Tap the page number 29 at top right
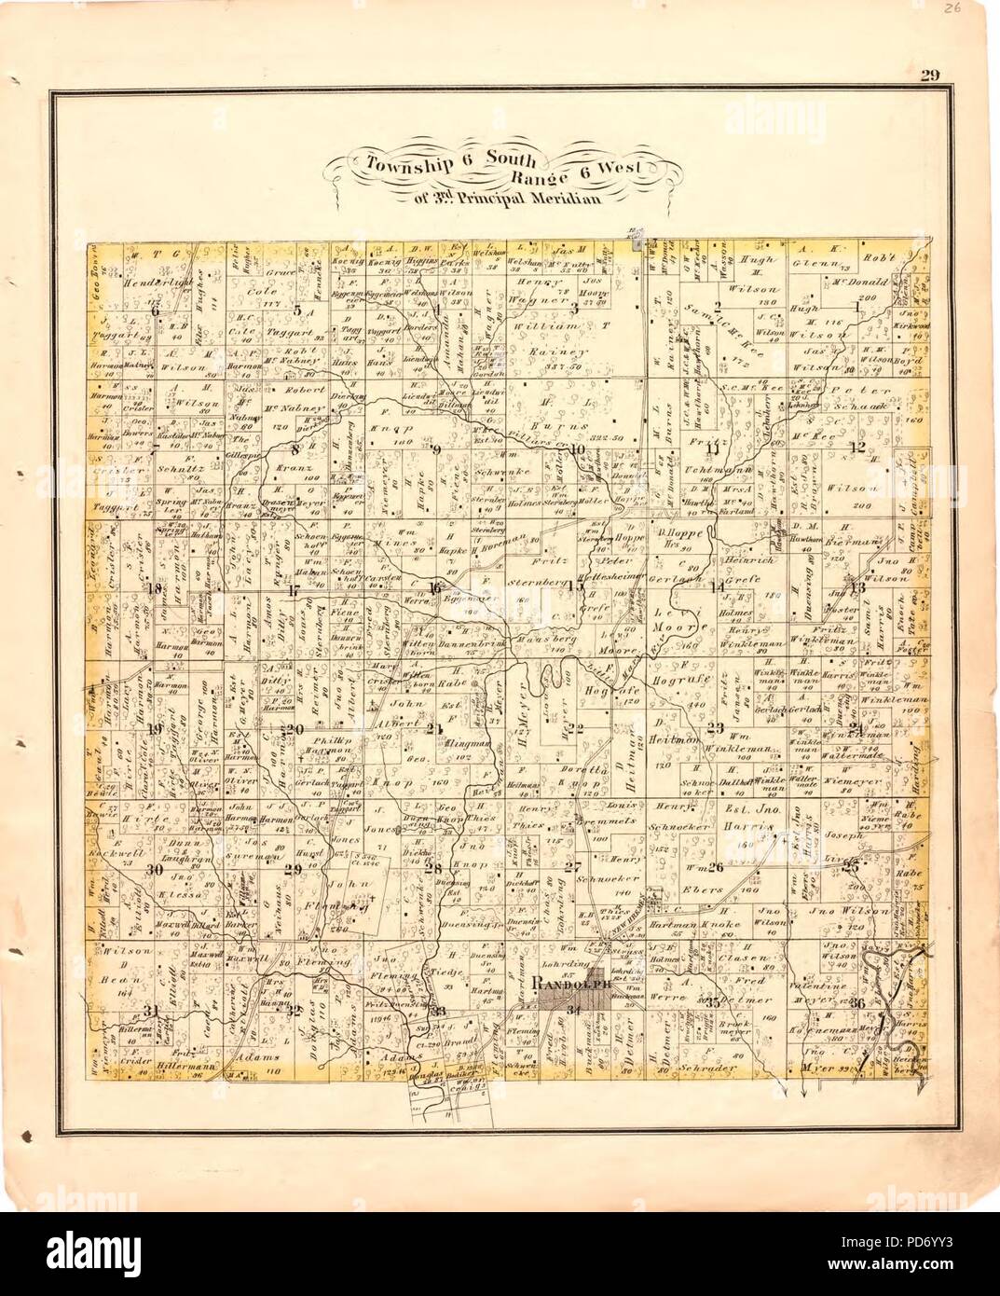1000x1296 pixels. click(928, 76)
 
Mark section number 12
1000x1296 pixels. click(857, 448)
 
